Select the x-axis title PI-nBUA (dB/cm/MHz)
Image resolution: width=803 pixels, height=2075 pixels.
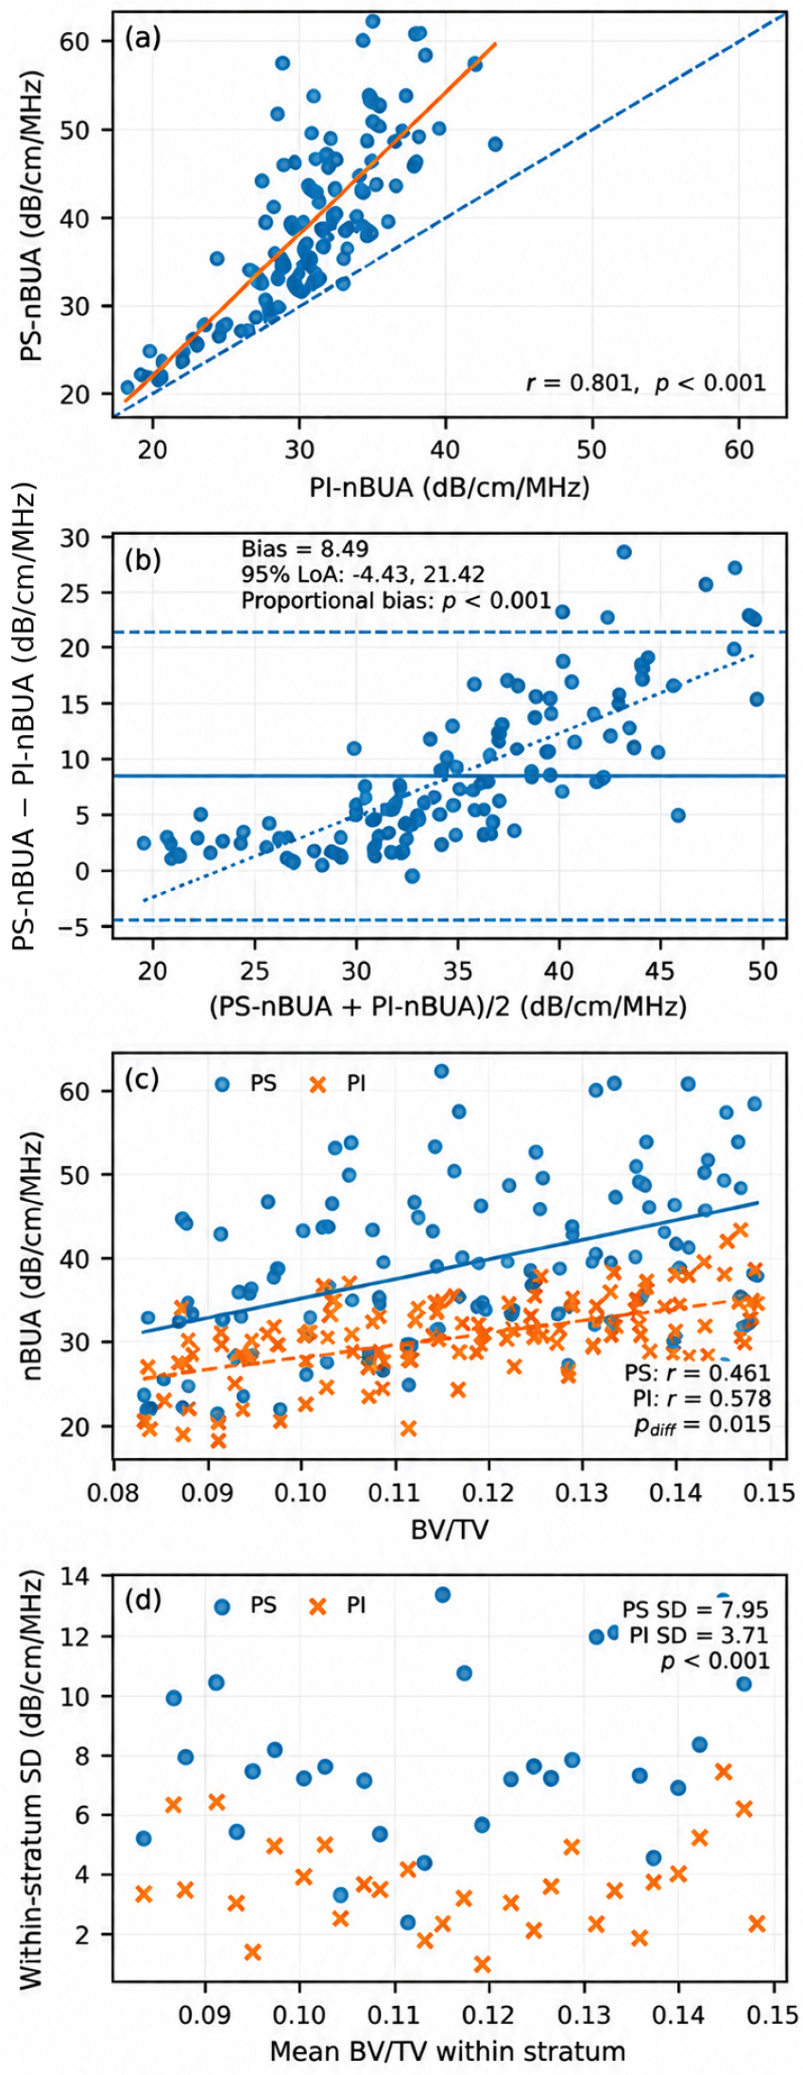tap(450, 487)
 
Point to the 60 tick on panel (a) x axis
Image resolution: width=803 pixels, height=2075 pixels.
tap(740, 449)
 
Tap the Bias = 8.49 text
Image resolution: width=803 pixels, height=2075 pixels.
tap(304, 549)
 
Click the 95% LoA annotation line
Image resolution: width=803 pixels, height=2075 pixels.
tap(363, 574)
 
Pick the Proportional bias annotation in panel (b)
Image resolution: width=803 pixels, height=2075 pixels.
tap(396, 600)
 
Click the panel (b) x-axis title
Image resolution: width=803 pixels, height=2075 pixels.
tap(448, 1005)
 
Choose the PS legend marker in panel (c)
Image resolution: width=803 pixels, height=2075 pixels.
tap(222, 1084)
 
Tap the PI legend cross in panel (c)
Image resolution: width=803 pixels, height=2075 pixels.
tap(318, 1084)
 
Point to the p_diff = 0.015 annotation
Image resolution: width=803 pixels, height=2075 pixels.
tap(702, 1425)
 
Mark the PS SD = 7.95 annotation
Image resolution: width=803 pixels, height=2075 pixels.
tap(695, 1609)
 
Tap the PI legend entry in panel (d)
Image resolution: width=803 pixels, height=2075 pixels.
tap(337, 1605)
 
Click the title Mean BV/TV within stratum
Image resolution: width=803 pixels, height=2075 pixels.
tap(448, 2050)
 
